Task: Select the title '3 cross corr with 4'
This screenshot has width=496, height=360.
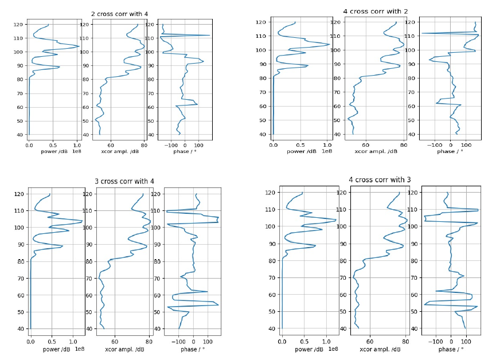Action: (124, 182)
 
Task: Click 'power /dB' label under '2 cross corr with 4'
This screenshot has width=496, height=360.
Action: (53, 151)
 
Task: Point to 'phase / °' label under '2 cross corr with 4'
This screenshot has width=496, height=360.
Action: (183, 151)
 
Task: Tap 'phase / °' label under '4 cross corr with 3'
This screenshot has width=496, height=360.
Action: (451, 349)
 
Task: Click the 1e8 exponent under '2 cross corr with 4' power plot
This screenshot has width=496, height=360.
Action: (77, 151)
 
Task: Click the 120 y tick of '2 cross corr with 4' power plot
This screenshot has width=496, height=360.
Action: (19, 25)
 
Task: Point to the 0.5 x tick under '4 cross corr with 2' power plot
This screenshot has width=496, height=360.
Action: (300, 144)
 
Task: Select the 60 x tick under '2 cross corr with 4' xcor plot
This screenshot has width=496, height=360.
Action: (111, 145)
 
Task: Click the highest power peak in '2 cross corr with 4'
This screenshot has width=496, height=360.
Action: (79, 46)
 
